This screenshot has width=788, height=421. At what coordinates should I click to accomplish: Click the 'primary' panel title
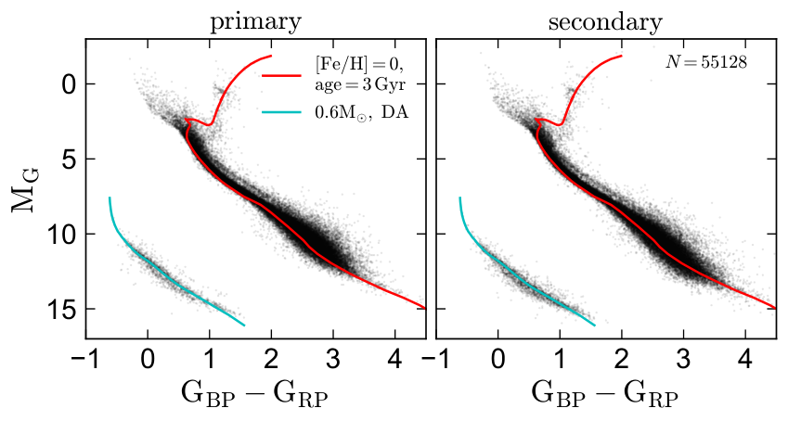pyautogui.click(x=256, y=23)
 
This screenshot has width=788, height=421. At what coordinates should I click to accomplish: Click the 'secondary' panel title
pyautogui.click(x=605, y=22)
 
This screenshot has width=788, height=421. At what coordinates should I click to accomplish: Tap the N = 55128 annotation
pyautogui.click(x=706, y=62)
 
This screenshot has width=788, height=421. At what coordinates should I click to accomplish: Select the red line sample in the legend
pyautogui.click(x=281, y=75)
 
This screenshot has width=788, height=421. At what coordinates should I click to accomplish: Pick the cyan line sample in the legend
pyautogui.click(x=281, y=112)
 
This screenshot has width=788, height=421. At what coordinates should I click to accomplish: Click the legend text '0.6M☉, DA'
pyautogui.click(x=362, y=112)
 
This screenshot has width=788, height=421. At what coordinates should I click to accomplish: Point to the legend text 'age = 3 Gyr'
pyautogui.click(x=360, y=85)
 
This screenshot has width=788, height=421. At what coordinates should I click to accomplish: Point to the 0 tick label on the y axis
pyautogui.click(x=69, y=83)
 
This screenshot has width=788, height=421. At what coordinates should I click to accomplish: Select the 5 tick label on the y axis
pyautogui.click(x=69, y=159)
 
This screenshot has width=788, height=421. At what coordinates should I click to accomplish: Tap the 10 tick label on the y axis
pyautogui.click(x=61, y=234)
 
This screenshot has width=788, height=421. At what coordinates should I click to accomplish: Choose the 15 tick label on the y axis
pyautogui.click(x=61, y=309)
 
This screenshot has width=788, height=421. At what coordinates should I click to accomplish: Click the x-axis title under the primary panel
pyautogui.click(x=254, y=395)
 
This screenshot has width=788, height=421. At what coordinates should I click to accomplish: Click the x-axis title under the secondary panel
pyautogui.click(x=605, y=395)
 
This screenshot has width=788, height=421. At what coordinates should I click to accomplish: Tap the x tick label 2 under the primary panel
pyautogui.click(x=271, y=360)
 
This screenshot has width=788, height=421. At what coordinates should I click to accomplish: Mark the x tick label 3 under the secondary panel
pyautogui.click(x=683, y=360)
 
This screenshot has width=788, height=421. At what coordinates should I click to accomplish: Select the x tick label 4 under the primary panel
pyautogui.click(x=395, y=360)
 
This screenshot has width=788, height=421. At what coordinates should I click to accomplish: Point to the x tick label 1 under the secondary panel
pyautogui.click(x=560, y=360)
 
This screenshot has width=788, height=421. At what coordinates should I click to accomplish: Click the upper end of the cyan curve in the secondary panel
pyautogui.click(x=459, y=198)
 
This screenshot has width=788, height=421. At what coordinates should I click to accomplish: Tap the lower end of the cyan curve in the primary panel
pyautogui.click(x=244, y=325)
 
